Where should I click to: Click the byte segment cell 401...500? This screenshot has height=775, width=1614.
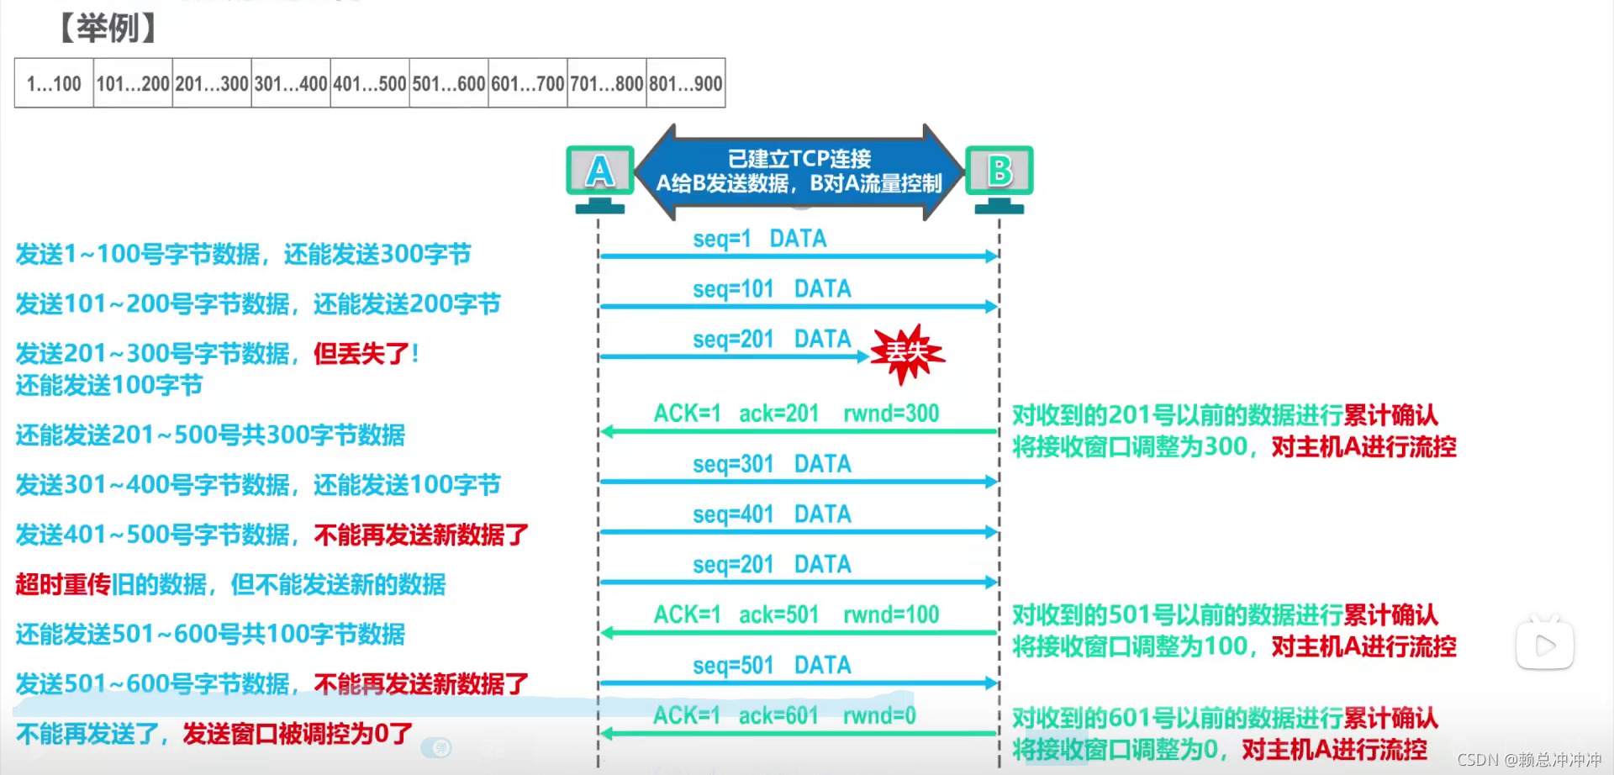tap(370, 83)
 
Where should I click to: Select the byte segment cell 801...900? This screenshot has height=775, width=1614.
tap(685, 83)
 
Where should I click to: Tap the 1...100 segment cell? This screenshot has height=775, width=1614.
tap(54, 83)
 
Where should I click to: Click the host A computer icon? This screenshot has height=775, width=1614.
tap(599, 177)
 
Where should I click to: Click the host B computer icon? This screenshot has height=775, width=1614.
tap(1000, 177)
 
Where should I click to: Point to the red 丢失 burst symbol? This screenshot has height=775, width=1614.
tap(906, 353)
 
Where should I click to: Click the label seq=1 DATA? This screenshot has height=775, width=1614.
tap(759, 239)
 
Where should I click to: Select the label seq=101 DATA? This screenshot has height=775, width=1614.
tap(772, 289)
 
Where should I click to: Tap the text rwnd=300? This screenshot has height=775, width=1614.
tap(891, 414)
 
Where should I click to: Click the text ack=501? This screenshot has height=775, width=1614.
tap(778, 615)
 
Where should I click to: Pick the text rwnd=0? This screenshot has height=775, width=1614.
tap(879, 716)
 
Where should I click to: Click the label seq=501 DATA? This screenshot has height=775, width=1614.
tap(772, 666)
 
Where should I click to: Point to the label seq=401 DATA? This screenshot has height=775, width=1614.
tap(772, 514)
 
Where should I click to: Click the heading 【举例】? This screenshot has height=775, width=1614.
tap(107, 28)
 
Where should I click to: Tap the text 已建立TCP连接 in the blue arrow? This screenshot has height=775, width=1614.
tap(799, 158)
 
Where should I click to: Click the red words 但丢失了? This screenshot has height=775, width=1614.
tap(367, 354)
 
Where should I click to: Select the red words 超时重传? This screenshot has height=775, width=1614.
tap(63, 584)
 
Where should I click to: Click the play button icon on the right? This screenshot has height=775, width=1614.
tap(1545, 646)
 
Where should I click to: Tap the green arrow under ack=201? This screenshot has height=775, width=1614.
tap(799, 432)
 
